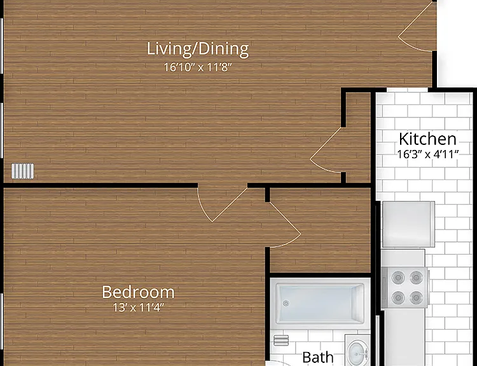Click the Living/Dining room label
[x=198, y=49]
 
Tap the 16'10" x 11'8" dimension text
[x=198, y=67]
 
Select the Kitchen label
[x=427, y=139]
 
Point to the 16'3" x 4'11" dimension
[x=428, y=155]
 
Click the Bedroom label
[x=138, y=292]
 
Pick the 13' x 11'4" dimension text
[x=139, y=308]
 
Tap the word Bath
[x=318, y=358]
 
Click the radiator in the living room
[x=23, y=171]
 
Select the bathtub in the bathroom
[x=320, y=304]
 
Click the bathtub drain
[x=286, y=303]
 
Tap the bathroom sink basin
[x=359, y=353]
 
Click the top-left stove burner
[x=397, y=277]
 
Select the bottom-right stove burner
[x=416, y=297]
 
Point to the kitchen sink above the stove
[x=408, y=224]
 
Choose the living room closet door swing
[x=326, y=150]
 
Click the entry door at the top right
[x=417, y=27]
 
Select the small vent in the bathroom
[x=281, y=341]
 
